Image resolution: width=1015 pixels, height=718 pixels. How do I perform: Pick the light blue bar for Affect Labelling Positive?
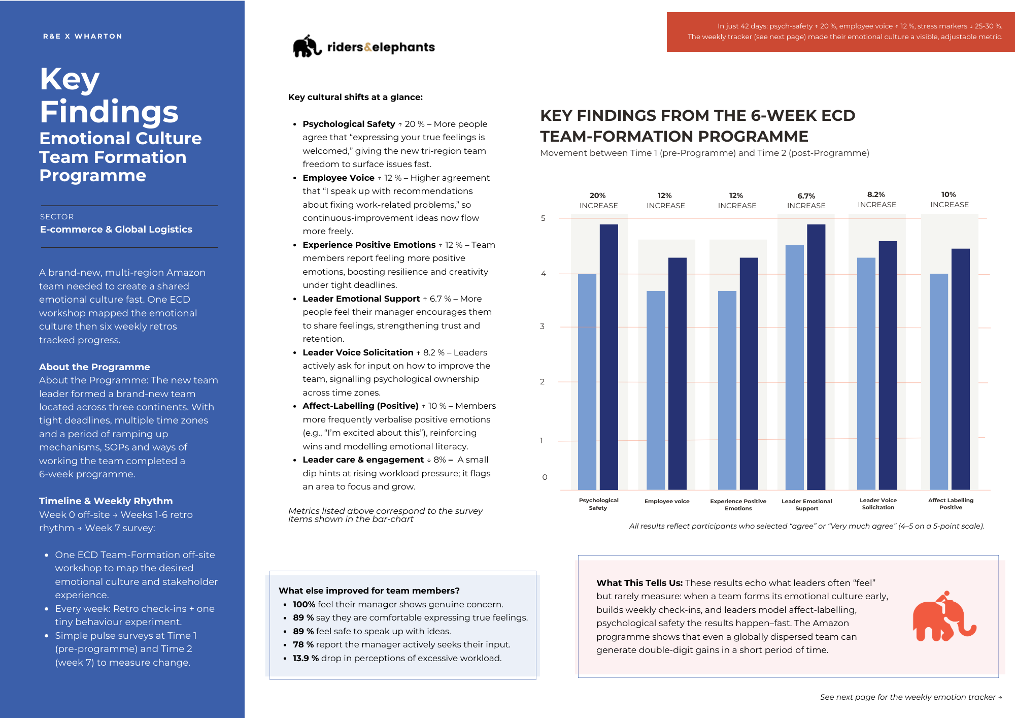point(938,381)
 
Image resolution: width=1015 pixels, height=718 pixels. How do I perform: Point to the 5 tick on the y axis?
point(543,218)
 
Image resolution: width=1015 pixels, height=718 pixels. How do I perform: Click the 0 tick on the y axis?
point(545,477)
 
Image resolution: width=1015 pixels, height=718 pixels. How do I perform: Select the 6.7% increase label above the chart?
point(806,201)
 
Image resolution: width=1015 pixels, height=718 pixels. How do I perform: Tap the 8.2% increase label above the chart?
point(876,200)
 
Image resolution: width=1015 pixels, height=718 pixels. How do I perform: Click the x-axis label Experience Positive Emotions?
point(738,505)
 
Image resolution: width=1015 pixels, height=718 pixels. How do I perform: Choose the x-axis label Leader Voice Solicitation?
point(878,504)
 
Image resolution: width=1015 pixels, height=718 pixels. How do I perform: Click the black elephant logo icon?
point(307,46)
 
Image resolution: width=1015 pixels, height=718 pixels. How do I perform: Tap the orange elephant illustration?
point(943,617)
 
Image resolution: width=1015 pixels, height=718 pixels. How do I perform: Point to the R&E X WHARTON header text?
point(83,37)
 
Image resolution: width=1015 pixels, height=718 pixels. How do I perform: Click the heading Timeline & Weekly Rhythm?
point(106,501)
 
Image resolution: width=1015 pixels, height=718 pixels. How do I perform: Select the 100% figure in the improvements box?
point(304,604)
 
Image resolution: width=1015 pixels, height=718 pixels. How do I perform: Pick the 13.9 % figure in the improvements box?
point(306,658)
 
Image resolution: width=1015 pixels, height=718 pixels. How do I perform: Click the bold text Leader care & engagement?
point(363,460)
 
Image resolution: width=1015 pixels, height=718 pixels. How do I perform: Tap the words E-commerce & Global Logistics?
point(116,230)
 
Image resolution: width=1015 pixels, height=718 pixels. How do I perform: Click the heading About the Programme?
point(94,367)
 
